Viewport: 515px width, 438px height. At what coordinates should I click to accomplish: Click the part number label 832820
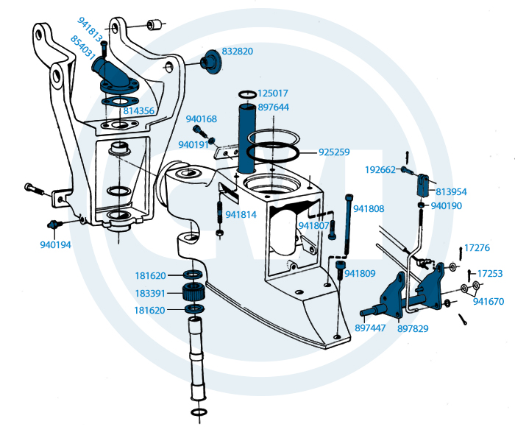click(x=237, y=52)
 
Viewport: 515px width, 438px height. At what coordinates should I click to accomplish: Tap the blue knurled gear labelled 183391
click(x=193, y=292)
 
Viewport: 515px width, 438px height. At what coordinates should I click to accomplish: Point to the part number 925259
click(x=334, y=152)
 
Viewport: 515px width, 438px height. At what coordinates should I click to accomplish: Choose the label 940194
click(x=55, y=244)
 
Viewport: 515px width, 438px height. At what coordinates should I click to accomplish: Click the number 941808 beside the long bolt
click(x=369, y=209)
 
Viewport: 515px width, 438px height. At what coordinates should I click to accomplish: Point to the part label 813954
click(x=451, y=191)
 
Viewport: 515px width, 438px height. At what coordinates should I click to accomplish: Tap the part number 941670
click(x=489, y=301)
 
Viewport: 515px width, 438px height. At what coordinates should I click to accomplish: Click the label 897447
click(x=371, y=328)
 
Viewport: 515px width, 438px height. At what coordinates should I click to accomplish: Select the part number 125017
click(x=273, y=94)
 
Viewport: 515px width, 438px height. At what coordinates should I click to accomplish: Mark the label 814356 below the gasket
click(x=139, y=111)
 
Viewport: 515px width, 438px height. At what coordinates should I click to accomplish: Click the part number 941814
click(x=241, y=215)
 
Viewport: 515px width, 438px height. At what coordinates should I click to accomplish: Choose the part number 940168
click(x=201, y=119)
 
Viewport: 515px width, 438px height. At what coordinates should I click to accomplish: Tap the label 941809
click(x=360, y=274)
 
